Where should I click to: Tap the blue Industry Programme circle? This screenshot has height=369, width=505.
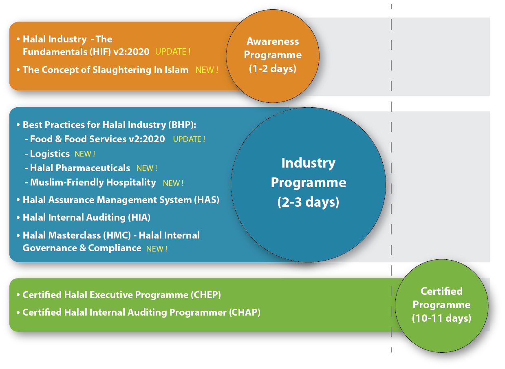tap(308, 184)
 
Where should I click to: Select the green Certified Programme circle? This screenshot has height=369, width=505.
tap(441, 305)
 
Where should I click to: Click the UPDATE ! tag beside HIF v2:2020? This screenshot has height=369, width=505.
tap(173, 52)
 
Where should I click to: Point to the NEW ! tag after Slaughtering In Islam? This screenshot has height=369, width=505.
tap(207, 70)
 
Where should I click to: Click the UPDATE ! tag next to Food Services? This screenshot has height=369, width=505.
tap(189, 139)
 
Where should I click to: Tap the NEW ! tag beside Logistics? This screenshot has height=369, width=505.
tap(85, 154)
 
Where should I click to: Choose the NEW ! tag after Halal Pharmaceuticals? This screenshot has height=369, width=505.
tap(147, 168)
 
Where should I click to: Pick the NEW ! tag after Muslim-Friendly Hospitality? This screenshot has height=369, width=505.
tap(173, 183)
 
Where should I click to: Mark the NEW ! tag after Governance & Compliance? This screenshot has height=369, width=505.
tap(157, 249)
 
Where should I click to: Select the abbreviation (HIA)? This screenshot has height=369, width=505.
tap(139, 217)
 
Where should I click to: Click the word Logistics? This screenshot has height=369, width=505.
tap(50, 154)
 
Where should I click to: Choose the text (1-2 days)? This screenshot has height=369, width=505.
tap(273, 68)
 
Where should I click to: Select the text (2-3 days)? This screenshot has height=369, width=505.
tap(308, 202)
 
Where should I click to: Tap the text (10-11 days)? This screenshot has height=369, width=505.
tap(441, 318)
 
